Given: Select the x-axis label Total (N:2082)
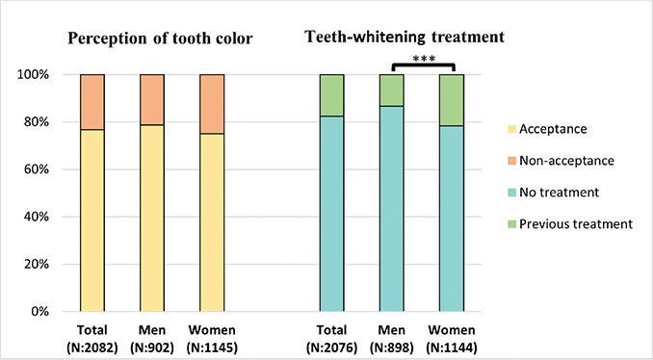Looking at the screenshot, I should point(92,336).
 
